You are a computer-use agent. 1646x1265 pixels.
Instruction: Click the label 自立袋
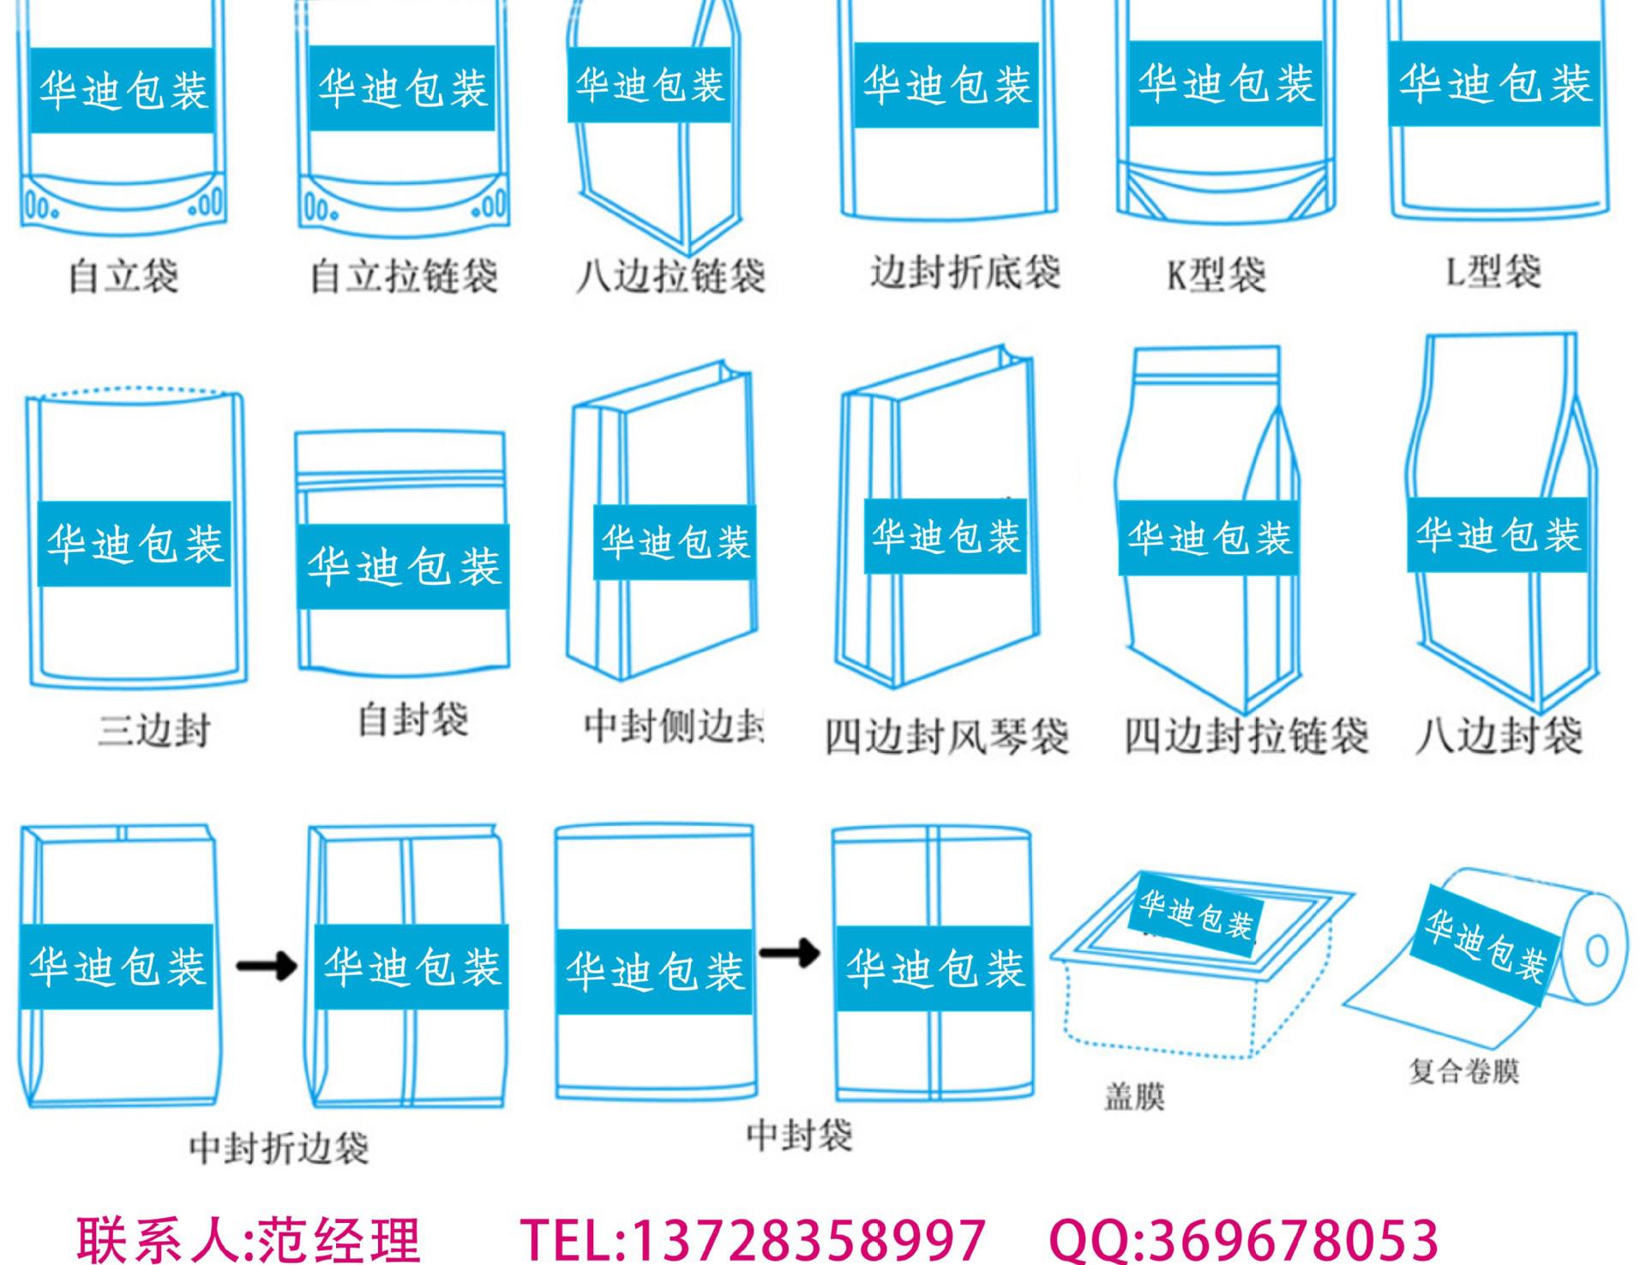click(x=123, y=276)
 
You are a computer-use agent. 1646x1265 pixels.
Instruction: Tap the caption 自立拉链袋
click(x=404, y=276)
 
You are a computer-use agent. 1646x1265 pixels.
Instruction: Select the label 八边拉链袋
click(x=670, y=276)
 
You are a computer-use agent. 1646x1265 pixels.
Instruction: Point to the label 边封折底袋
click(x=965, y=273)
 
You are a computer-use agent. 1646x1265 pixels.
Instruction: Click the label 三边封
click(x=154, y=731)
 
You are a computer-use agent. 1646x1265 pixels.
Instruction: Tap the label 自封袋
click(x=413, y=719)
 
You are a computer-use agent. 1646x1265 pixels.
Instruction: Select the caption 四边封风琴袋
click(x=946, y=736)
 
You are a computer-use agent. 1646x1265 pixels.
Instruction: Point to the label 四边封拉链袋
click(x=1247, y=736)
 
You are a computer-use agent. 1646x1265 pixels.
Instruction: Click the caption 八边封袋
click(x=1499, y=736)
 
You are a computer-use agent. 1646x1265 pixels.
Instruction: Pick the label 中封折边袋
click(x=279, y=1148)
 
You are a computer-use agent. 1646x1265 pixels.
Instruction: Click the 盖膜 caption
click(x=1134, y=1097)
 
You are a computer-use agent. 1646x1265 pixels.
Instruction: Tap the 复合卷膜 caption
click(x=1463, y=1071)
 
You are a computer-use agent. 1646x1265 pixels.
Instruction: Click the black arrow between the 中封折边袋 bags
click(x=267, y=967)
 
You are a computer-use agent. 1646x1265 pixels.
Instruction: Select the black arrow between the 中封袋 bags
click(x=790, y=952)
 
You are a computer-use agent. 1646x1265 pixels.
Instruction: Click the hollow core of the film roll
click(x=1597, y=951)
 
